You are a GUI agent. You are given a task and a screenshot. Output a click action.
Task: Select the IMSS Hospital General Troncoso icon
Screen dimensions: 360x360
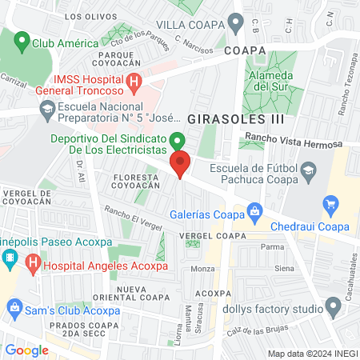point(134,81)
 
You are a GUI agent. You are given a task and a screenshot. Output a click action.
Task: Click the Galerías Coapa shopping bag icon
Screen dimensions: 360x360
point(254,211)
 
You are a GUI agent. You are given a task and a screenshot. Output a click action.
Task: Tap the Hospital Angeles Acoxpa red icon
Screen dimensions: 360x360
point(33,262)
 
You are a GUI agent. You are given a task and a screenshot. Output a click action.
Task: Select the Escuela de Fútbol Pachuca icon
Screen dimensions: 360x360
point(308,169)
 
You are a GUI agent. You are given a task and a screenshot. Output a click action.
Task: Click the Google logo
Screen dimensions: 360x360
point(26,350)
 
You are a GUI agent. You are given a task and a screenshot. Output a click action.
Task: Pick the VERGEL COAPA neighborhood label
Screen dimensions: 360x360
point(213,236)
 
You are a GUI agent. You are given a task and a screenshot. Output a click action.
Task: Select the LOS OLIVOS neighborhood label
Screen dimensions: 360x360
point(85,16)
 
